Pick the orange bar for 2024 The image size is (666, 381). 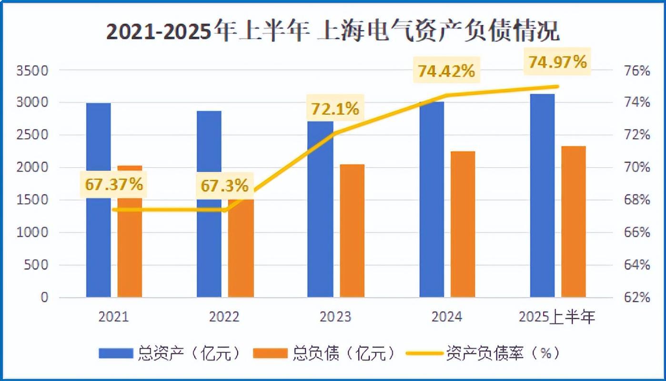[x=463, y=224]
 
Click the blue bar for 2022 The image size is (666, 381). [x=209, y=248]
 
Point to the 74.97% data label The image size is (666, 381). [x=557, y=62]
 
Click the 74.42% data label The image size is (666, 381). [x=446, y=71]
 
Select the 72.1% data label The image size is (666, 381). [x=334, y=109]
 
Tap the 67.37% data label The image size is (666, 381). [x=114, y=184]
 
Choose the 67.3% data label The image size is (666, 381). [x=224, y=186]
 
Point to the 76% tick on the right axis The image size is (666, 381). [x=637, y=71]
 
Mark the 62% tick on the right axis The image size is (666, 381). [x=637, y=298]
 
